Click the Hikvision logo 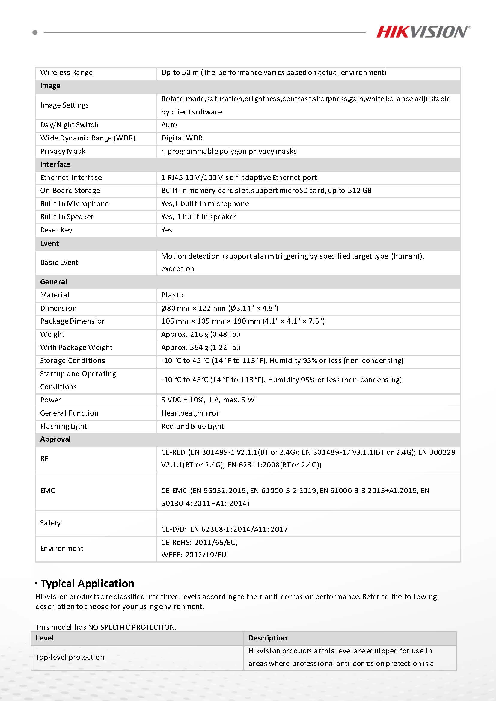pos(423,32)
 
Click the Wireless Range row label pos(66,73)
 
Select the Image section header pos(50,86)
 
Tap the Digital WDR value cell pos(182,138)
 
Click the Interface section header pos(55,164)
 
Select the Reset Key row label pos(56,230)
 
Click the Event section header pos(49,243)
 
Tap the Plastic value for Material pos(173,295)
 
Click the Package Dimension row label pos(73,321)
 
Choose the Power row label pos(50,400)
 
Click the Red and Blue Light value pos(192,426)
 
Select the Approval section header pos(55,439)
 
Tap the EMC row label pos(47,491)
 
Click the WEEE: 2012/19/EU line pos(194,555)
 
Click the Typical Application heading pos(87,584)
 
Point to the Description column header pos(267,638)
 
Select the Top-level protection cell pos(70,657)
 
